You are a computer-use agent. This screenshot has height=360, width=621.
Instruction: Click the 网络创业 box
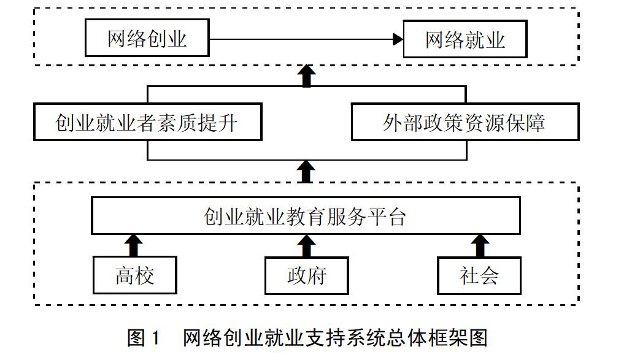(147, 38)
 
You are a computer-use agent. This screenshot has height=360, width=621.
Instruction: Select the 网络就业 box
(465, 39)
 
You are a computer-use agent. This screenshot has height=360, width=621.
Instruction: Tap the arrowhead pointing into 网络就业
(398, 39)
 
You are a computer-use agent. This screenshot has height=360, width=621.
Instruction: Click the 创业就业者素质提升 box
(148, 122)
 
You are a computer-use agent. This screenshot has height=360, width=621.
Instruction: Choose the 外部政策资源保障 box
(465, 122)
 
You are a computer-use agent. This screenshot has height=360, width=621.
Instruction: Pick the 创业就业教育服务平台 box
(306, 216)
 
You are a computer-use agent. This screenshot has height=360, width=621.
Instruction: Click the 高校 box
(134, 275)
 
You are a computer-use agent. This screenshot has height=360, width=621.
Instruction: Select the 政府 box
(307, 276)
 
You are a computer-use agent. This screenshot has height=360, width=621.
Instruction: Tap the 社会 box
(479, 276)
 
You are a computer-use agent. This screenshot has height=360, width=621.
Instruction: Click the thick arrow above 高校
(134, 246)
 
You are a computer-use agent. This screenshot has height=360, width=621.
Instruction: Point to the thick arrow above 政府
(306, 246)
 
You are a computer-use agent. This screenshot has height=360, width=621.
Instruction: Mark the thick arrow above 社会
(480, 246)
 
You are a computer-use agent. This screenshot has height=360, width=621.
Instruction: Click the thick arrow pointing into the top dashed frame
(307, 76)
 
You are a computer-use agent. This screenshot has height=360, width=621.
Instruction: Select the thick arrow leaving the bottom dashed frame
(306, 172)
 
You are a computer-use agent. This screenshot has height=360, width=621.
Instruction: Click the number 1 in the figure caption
(155, 338)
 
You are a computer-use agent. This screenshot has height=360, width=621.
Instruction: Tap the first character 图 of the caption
(136, 338)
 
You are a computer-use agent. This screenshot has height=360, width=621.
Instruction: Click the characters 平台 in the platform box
(387, 216)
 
